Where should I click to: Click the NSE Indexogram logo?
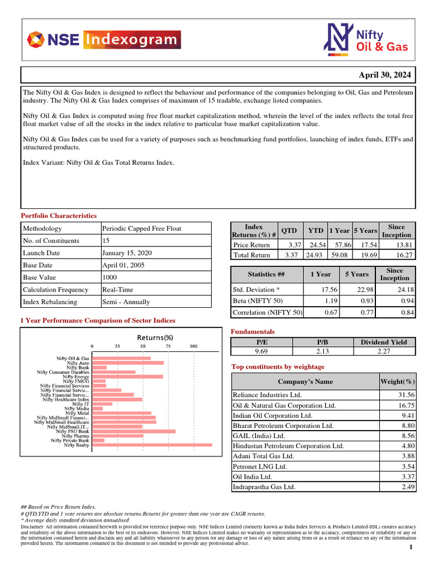pos(104,40)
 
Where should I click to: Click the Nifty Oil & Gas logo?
pos(366,40)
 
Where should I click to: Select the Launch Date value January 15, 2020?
pos(127,253)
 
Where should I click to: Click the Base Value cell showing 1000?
pos(109,278)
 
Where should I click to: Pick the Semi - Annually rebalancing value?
pos(126,302)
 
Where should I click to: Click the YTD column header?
pos(316,231)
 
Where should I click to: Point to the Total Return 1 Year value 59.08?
pos(340,255)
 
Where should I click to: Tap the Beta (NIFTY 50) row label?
pos(259,301)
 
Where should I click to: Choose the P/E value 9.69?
pos(262,351)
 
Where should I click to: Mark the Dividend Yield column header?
pos(384,342)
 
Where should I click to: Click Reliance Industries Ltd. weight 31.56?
pos(405,395)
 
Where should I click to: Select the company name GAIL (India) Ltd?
pos(259,436)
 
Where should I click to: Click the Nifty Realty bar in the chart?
pos(152,445)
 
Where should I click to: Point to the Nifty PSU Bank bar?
pos(134,431)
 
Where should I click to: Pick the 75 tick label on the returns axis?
pos(168,346)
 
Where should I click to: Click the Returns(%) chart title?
pos(155,337)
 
